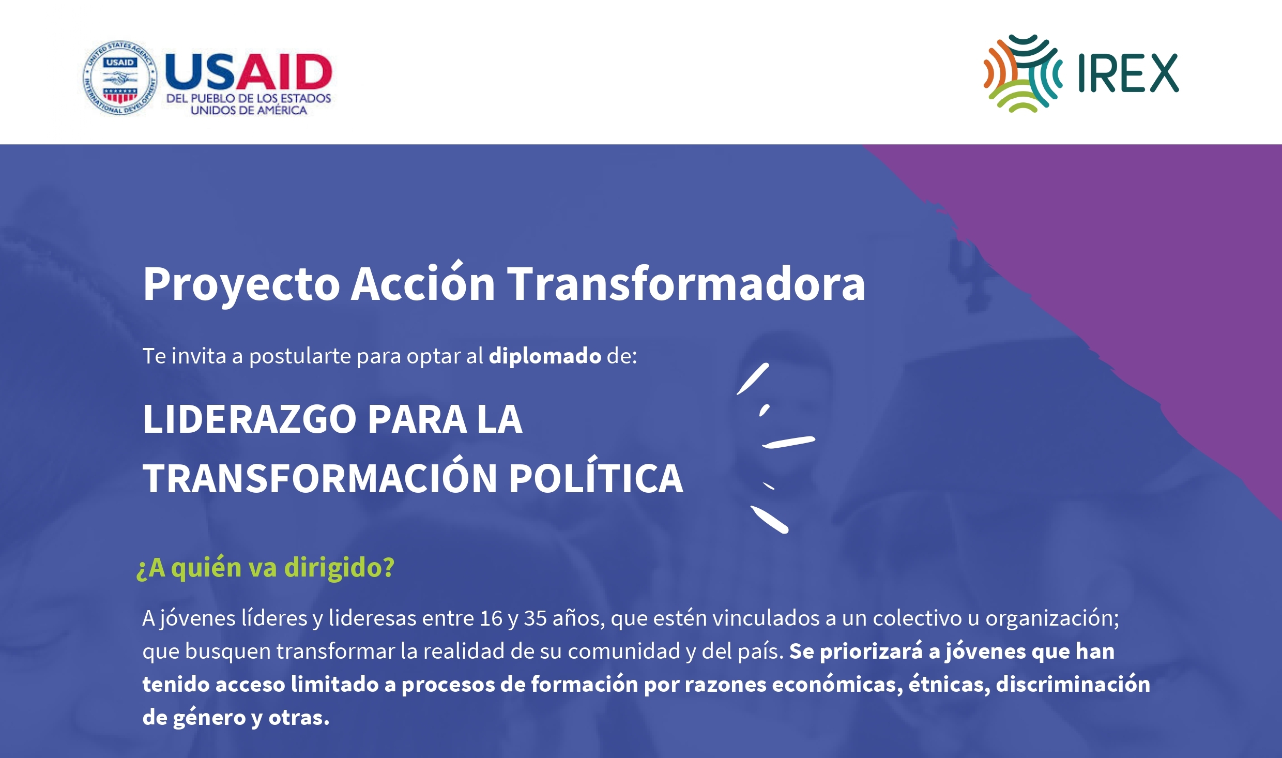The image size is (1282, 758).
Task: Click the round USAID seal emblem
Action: point(120,78)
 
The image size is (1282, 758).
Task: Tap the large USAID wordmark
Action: point(248,71)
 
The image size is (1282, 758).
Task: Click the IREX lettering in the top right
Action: point(1128,73)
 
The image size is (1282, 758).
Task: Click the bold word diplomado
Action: point(545,356)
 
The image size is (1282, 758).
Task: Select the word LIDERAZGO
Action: point(250,419)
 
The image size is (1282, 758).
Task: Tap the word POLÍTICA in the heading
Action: point(596,476)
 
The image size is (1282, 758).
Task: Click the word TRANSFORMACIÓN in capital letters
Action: point(320,476)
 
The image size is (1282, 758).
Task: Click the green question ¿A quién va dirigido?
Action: point(265,568)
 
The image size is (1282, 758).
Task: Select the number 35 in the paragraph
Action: point(535,618)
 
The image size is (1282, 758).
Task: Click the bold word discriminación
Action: point(1073,684)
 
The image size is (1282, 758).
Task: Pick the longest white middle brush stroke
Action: point(789,442)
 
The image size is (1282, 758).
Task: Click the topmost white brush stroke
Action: point(753,379)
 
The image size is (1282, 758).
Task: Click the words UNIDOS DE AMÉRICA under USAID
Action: point(249,110)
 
